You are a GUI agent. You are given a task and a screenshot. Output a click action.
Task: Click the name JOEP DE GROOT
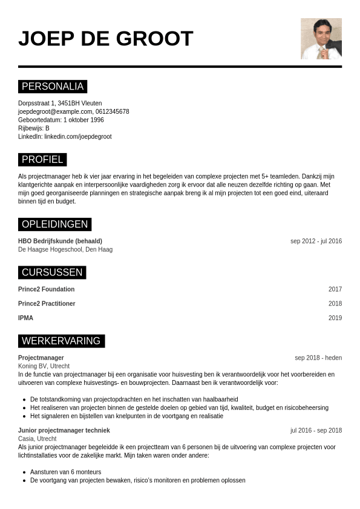pyautogui.click(x=105, y=39)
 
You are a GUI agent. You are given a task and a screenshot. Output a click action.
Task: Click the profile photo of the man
pyautogui.click(x=321, y=39)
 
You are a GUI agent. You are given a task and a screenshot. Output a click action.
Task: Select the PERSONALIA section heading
pyautogui.click(x=53, y=87)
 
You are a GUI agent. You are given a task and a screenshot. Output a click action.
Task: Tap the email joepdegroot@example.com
pyautogui.click(x=55, y=111)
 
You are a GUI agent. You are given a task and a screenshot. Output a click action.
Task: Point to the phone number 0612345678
pyautogui.click(x=112, y=111)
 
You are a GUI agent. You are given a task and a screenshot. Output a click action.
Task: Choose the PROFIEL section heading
pyautogui.click(x=42, y=160)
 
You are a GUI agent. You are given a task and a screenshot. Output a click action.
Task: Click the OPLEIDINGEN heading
pyautogui.click(x=54, y=225)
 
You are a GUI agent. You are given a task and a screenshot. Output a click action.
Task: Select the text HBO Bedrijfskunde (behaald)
pyautogui.click(x=60, y=241)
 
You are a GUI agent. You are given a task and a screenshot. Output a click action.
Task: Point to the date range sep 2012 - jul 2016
pyautogui.click(x=316, y=241)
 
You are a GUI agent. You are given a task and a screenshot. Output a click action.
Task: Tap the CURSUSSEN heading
pyautogui.click(x=52, y=272)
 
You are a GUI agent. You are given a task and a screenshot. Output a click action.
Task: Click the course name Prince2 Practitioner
pyautogui.click(x=47, y=304)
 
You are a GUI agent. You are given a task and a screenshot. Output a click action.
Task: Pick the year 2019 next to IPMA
pyautogui.click(x=335, y=318)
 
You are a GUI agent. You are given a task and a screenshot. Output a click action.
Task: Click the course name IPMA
pyautogui.click(x=25, y=318)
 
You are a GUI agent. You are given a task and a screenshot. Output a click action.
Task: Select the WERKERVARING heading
pyautogui.click(x=61, y=341)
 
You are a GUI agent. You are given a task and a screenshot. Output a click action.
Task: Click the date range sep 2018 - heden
pyautogui.click(x=318, y=358)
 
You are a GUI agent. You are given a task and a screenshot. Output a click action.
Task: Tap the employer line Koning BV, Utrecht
pyautogui.click(x=44, y=366)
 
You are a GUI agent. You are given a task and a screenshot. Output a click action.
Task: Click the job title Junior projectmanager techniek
pyautogui.click(x=64, y=430)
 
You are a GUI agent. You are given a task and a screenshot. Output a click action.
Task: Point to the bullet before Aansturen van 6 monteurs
pyautogui.click(x=24, y=472)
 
